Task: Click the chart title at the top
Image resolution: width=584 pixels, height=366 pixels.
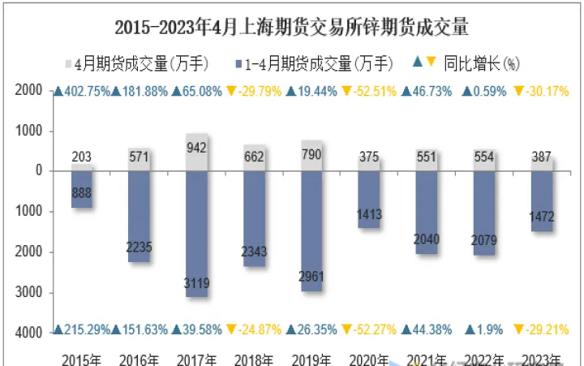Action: pos(291,27)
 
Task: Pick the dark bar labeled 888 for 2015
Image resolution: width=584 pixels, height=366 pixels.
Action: pos(81,188)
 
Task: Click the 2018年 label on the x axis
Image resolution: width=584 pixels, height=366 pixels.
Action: pos(254,358)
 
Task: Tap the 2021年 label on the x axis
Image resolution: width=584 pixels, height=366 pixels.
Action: pos(427,358)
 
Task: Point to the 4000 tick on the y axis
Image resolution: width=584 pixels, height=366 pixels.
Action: pos(29,332)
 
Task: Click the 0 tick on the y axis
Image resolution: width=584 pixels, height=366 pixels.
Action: pos(38,170)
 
